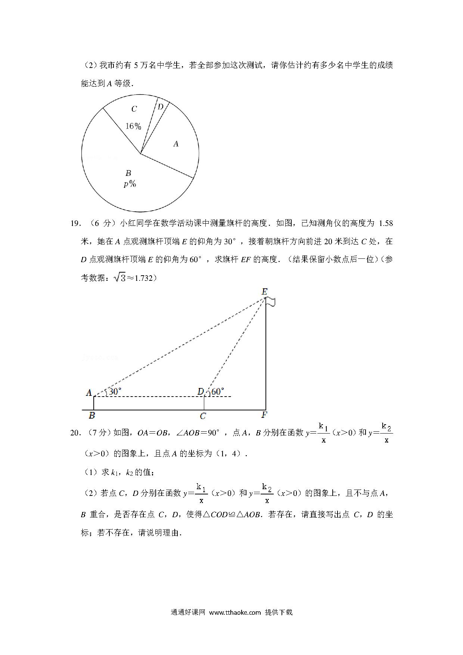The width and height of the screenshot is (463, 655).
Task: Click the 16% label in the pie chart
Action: click(x=133, y=126)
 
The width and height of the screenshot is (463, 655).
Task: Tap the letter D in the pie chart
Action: click(x=161, y=107)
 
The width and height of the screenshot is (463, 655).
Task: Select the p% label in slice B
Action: click(x=130, y=184)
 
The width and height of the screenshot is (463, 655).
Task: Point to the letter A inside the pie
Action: click(x=176, y=144)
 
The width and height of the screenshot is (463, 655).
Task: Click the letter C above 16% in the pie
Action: click(x=134, y=109)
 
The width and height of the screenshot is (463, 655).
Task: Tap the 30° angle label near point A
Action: click(x=115, y=391)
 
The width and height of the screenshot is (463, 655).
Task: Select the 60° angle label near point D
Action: click(x=218, y=391)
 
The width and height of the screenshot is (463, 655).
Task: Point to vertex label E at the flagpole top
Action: click(x=264, y=292)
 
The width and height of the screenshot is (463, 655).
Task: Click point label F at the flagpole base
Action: click(x=264, y=415)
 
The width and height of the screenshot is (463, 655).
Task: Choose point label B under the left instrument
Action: click(x=91, y=416)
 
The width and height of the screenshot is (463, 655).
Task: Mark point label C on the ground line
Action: click(x=203, y=416)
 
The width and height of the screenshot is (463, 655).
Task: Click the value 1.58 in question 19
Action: click(x=386, y=223)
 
